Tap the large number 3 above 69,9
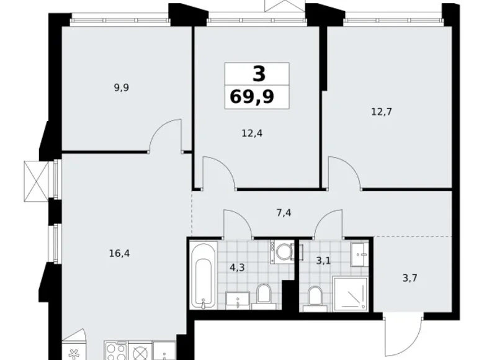click(259, 74)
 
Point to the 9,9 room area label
click(121, 88)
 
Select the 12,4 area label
click(251, 132)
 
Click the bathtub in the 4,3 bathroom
click(204, 277)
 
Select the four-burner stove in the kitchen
click(115, 351)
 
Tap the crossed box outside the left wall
click(35, 181)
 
